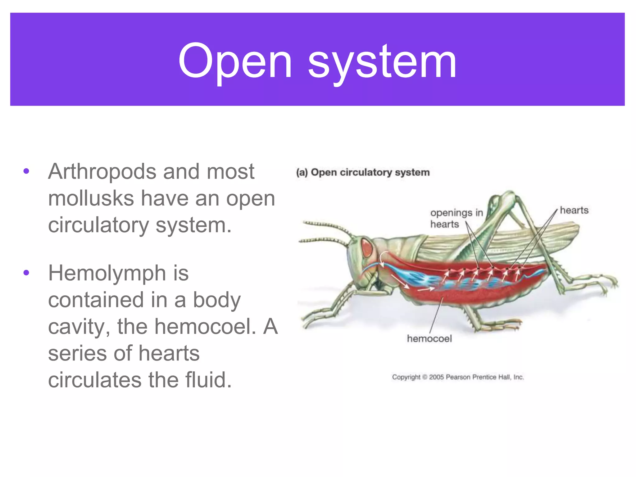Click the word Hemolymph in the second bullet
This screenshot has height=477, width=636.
tap(107, 273)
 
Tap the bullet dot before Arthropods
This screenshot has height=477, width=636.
tap(26, 171)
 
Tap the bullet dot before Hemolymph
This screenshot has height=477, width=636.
tap(26, 273)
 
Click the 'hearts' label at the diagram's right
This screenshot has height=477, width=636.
tap(574, 210)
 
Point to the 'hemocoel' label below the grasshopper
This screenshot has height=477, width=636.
tap(429, 338)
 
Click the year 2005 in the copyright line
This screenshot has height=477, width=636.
tap(436, 377)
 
